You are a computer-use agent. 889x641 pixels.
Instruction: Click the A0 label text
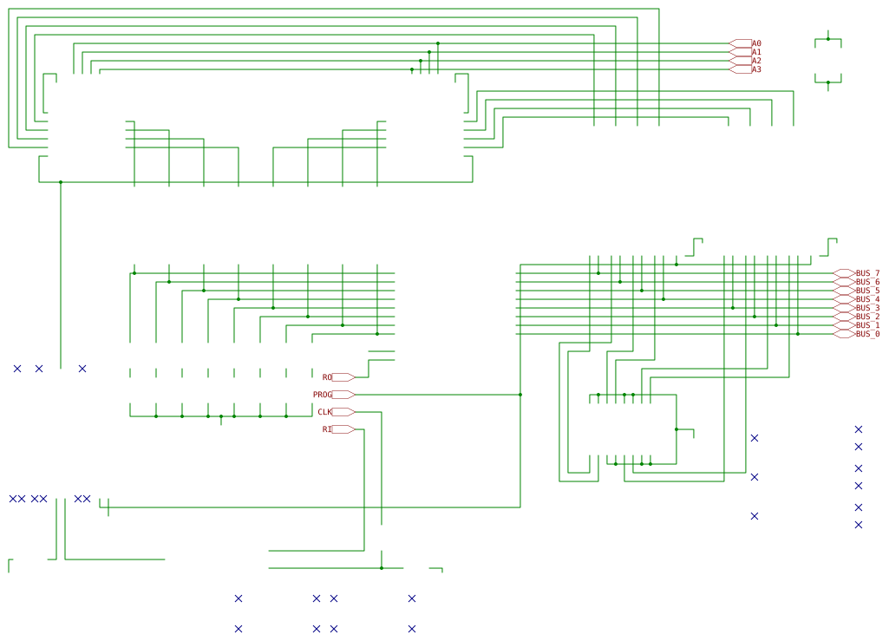[756, 43]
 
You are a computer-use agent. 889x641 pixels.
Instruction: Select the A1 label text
[756, 52]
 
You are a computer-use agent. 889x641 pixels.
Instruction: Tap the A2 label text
[756, 61]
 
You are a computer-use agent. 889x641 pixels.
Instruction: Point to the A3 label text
[756, 69]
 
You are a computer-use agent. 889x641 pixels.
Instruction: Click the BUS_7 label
[867, 273]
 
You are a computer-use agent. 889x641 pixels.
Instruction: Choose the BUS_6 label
[867, 282]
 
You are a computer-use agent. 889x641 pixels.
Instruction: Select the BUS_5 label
[867, 291]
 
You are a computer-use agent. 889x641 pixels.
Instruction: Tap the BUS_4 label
[867, 299]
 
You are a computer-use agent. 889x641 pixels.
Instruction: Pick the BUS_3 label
[867, 308]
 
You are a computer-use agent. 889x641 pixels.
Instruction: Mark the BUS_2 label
[867, 317]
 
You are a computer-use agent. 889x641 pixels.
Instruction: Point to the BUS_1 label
[867, 325]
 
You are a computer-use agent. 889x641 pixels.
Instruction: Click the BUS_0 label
[867, 334]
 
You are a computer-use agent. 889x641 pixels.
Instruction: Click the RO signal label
[327, 377]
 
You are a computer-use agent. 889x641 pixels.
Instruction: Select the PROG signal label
[323, 395]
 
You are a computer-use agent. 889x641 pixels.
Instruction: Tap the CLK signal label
[324, 412]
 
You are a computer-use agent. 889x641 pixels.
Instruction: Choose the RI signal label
[327, 429]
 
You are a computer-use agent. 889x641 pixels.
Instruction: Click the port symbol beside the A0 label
[740, 43]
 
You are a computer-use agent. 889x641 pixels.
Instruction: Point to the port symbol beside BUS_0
[844, 334]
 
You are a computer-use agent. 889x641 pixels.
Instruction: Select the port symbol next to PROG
[343, 395]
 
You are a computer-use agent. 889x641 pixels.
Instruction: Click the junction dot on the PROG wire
[520, 395]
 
